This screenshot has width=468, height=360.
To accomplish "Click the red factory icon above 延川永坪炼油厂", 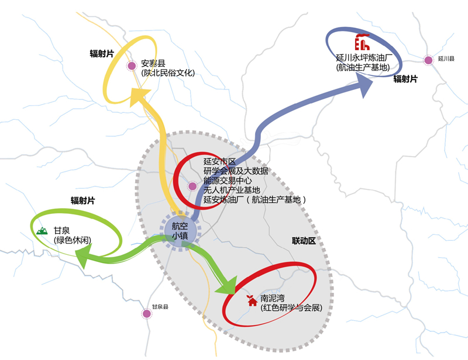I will point(362,43).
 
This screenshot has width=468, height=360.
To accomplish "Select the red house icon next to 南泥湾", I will point(250,299).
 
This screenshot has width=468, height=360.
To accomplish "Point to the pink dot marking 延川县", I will point(428,60).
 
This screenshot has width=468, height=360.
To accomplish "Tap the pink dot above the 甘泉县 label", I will point(146,314).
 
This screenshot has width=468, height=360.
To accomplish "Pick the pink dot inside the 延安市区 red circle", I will point(192,186).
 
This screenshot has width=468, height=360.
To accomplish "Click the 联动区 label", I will point(304,240).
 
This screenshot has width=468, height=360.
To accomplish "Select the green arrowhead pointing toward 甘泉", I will point(85,255).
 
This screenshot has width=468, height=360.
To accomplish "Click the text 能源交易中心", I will point(228,181).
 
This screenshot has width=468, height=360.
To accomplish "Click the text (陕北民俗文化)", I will point(168,73).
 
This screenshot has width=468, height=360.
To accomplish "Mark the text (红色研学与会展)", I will point(291,308).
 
